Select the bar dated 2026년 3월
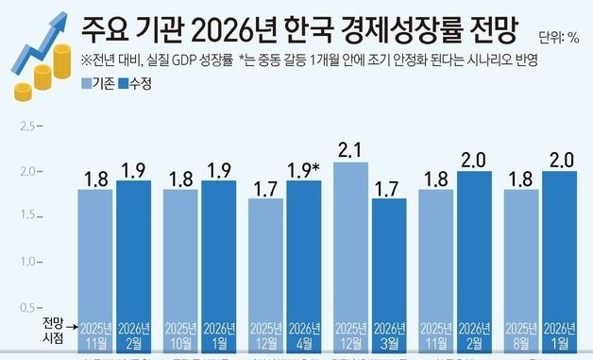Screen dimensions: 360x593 tap(388, 274)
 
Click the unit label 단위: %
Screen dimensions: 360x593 tap(558, 39)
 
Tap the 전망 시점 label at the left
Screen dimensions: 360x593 tap(56, 328)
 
